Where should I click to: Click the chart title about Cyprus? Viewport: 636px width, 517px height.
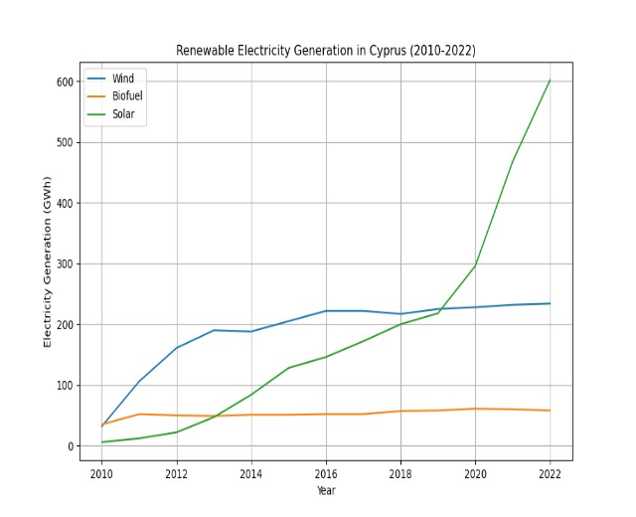pyautogui.click(x=325, y=50)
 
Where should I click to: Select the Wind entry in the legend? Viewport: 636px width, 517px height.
pyautogui.click(x=123, y=79)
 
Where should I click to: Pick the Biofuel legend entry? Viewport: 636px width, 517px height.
pyautogui.click(x=127, y=96)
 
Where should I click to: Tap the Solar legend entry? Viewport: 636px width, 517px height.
pyautogui.click(x=123, y=114)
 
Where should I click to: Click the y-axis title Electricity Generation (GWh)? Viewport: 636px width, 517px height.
pyautogui.click(x=47, y=262)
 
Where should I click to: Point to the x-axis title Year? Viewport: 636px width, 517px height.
pyautogui.click(x=325, y=491)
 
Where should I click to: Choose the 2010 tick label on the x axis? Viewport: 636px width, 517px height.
pyautogui.click(x=101, y=474)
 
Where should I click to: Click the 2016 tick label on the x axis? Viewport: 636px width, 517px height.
pyautogui.click(x=325, y=474)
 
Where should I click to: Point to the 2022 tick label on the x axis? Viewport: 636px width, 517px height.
pyautogui.click(x=550, y=474)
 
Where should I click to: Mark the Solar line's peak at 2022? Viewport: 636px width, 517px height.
pyautogui.click(x=550, y=81)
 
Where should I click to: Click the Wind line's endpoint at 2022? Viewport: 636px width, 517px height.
pyautogui.click(x=550, y=303)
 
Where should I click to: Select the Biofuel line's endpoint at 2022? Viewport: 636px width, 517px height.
pyautogui.click(x=550, y=411)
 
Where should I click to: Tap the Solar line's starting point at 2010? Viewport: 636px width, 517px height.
pyautogui.click(x=101, y=442)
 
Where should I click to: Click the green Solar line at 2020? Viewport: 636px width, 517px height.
pyautogui.click(x=475, y=265)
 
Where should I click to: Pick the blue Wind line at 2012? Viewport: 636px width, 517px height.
pyautogui.click(x=176, y=348)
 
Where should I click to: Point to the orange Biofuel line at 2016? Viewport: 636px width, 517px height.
pyautogui.click(x=325, y=415)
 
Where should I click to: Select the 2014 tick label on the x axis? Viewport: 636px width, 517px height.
pyautogui.click(x=250, y=474)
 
